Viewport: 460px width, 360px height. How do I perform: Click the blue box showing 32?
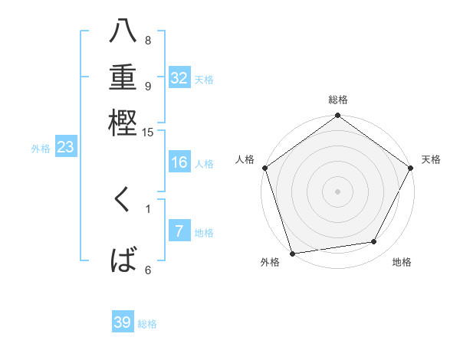point(179,78)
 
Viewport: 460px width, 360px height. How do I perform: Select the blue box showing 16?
point(179,162)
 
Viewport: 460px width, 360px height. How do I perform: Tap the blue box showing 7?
point(179,231)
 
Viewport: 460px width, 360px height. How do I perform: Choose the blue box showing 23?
point(64,148)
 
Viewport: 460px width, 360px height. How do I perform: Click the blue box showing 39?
point(123,322)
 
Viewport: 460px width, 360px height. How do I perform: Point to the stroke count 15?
point(148,133)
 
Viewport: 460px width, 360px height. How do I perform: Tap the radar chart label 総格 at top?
point(338,100)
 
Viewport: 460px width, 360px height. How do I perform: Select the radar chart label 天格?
point(431,159)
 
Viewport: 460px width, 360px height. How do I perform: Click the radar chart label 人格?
point(245,159)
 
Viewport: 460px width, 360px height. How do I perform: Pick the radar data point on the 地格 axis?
point(374,242)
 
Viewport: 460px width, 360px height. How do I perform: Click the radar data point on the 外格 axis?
point(293,253)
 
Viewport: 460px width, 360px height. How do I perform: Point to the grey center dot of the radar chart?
point(337,191)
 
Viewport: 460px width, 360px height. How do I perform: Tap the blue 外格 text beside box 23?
point(41,149)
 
